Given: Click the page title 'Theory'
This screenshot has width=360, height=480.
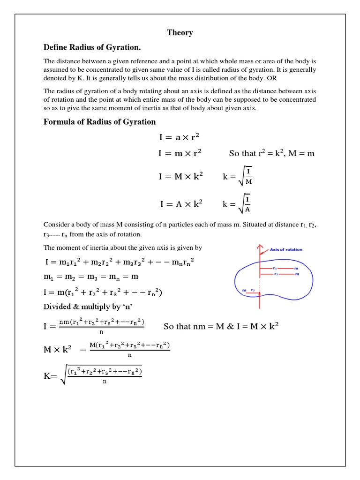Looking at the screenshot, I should pyautogui.click(x=180, y=33).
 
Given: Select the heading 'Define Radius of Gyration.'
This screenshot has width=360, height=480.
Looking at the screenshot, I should pyautogui.click(x=92, y=48).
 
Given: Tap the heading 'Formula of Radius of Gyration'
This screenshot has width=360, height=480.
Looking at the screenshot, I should pyautogui.click(x=99, y=122).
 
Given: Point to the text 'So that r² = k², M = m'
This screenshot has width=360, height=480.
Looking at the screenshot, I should pyautogui.click(x=271, y=154).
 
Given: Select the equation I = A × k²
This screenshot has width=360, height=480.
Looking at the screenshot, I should pyautogui.click(x=181, y=204).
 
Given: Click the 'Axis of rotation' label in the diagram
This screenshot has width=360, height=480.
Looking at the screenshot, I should pyautogui.click(x=286, y=250).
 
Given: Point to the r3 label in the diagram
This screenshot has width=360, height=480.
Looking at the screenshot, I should pyautogui.click(x=253, y=291).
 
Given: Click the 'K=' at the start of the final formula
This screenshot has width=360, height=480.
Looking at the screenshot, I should pyautogui.click(x=51, y=376).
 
